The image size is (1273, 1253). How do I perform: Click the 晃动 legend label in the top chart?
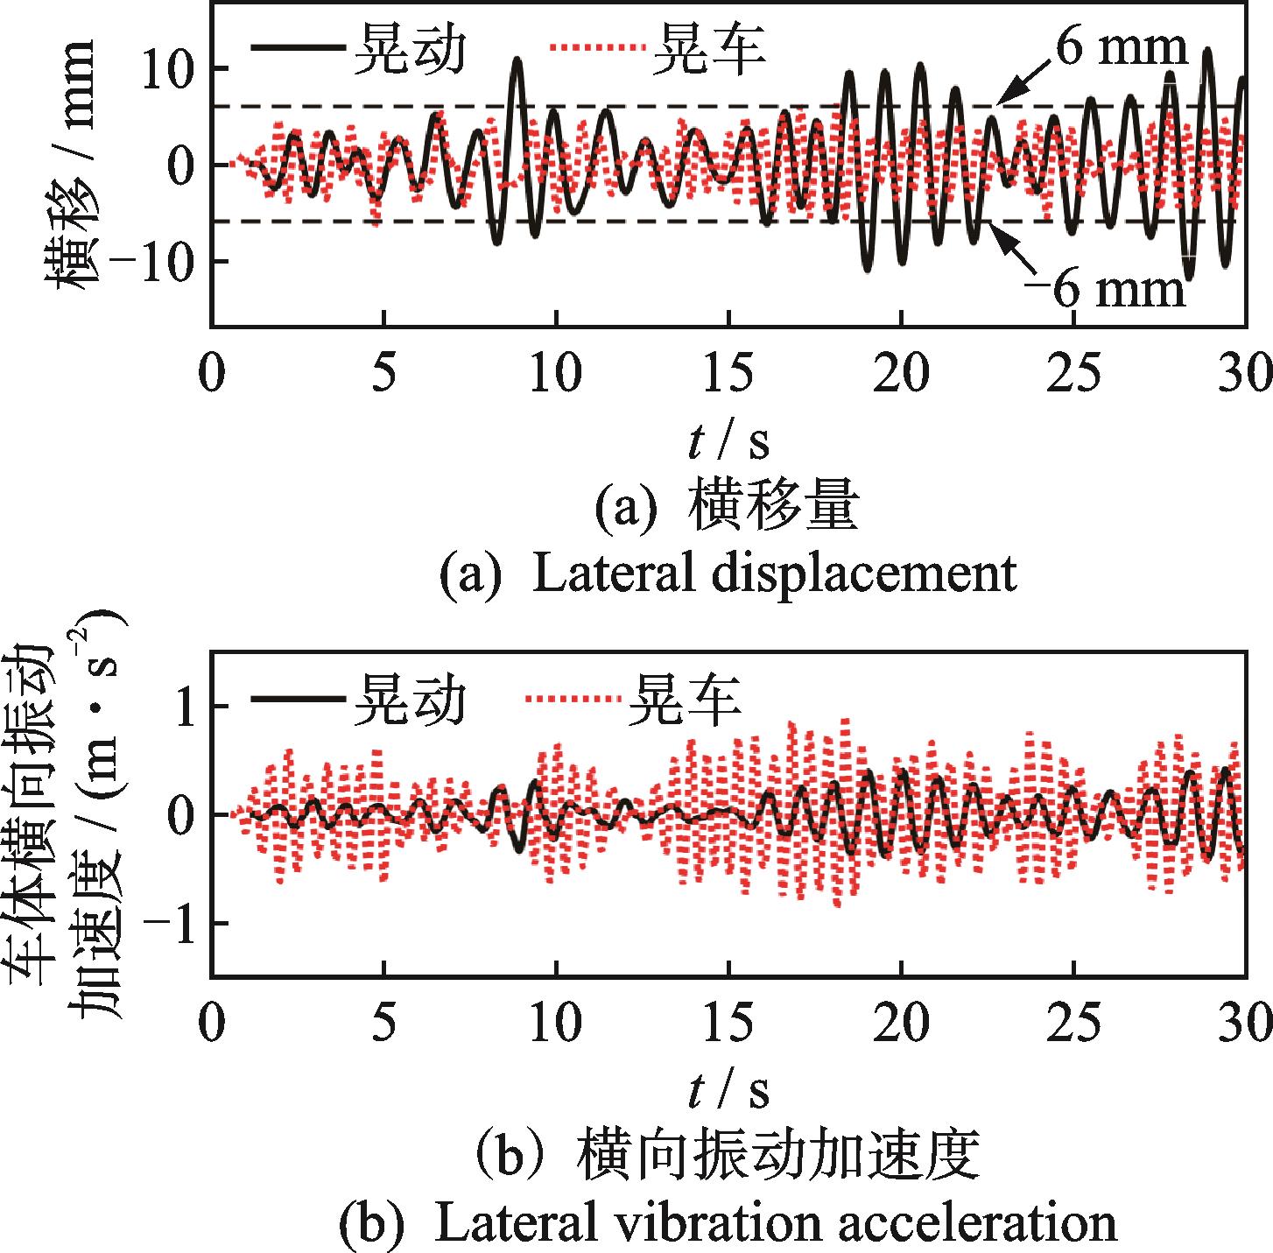click(x=408, y=48)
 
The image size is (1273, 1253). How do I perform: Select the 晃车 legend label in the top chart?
click(x=708, y=48)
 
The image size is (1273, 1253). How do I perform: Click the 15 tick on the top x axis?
click(x=728, y=374)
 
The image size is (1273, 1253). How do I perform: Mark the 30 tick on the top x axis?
click(x=1243, y=374)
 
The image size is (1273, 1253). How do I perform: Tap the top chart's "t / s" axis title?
click(x=728, y=441)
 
